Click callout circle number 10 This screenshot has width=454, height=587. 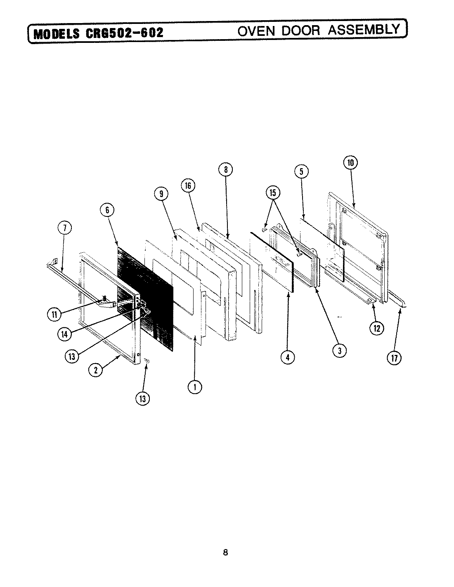click(350, 162)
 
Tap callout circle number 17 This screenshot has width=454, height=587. click(394, 358)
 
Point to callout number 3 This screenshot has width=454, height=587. click(340, 350)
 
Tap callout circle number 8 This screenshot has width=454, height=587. click(226, 169)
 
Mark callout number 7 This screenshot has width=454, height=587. click(66, 228)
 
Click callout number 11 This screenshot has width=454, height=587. click(54, 314)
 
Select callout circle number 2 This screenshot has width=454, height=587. click(95, 370)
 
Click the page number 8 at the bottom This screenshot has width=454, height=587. click(225, 552)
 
